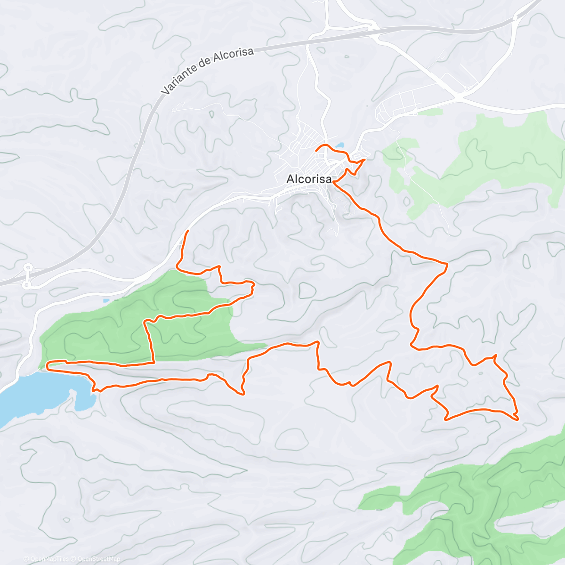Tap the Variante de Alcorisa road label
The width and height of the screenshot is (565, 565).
tap(207, 70)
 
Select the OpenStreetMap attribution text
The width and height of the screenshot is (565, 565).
tap(98, 559)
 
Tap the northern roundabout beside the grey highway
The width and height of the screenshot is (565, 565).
tap(28, 267)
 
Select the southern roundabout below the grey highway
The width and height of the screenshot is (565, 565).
tap(27, 285)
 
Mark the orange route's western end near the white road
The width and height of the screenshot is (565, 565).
tap(188, 231)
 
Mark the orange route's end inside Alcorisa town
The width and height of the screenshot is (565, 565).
tap(316, 149)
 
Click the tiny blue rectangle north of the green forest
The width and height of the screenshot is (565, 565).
tap(106, 300)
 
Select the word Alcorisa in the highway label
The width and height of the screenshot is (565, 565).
tap(234, 55)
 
